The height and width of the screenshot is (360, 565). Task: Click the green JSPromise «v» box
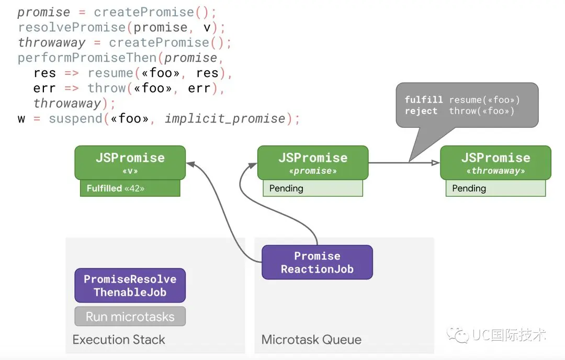[130, 163]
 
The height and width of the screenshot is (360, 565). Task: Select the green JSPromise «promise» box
[313, 163]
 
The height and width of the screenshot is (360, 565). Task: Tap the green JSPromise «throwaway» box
[495, 163]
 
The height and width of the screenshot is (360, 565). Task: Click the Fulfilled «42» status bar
[130, 188]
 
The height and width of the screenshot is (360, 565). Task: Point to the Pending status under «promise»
[313, 188]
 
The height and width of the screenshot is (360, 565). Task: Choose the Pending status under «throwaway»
[495, 188]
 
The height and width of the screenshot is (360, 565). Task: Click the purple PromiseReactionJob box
[317, 262]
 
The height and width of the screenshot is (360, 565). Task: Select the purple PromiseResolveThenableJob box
[130, 285]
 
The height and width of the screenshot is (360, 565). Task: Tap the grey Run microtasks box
[130, 317]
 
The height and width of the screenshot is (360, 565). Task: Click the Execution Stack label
[119, 340]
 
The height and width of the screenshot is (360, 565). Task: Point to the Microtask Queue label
[311, 340]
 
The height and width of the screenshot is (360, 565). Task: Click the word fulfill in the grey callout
[423, 99]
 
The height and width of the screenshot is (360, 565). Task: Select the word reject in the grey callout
[421, 111]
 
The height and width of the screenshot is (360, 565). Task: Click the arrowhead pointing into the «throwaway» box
[436, 163]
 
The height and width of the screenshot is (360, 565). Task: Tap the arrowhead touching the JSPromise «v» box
[191, 164]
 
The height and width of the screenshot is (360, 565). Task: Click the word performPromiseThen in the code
[87, 58]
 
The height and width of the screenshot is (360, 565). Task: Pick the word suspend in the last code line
[76, 119]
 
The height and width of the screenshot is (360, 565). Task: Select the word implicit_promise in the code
[225, 119]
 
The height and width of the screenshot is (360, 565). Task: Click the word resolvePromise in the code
[72, 27]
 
